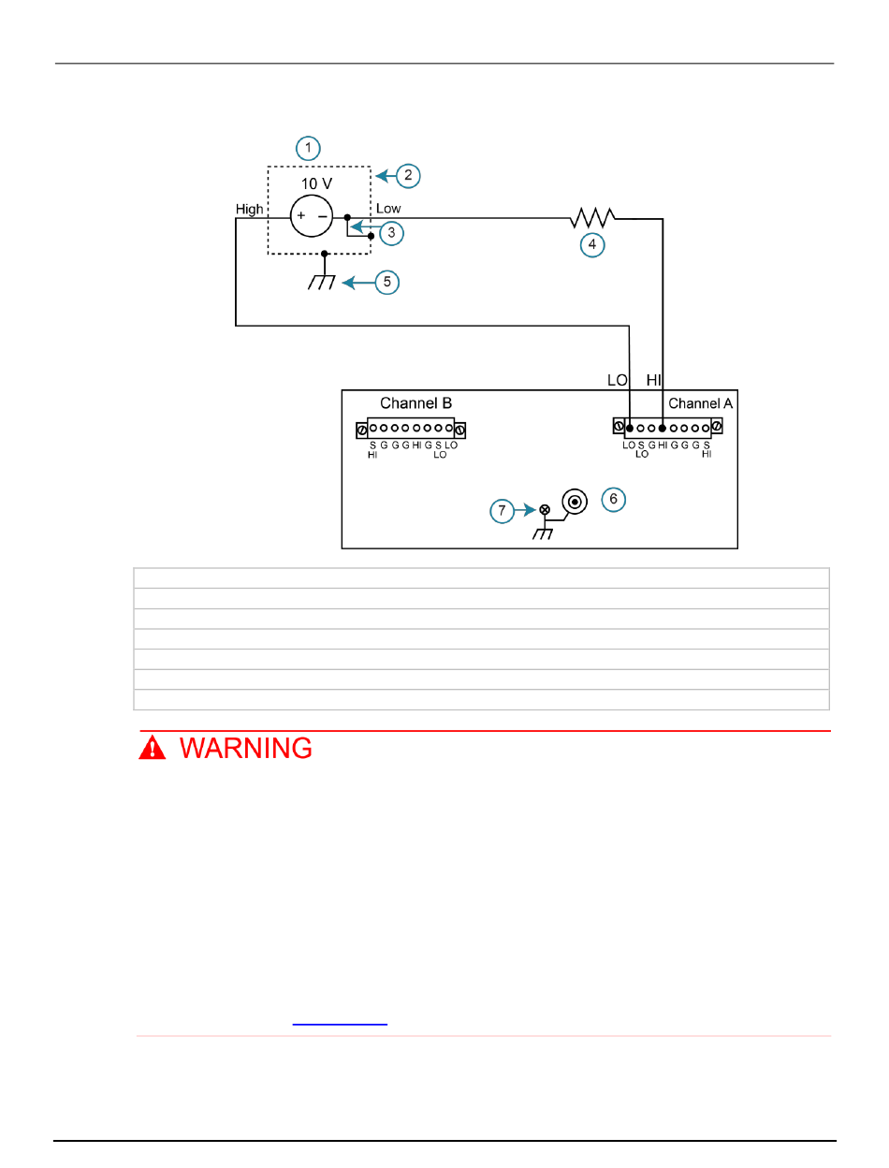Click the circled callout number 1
[308, 148]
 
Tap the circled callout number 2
[408, 175]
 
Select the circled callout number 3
[390, 232]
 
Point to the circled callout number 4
[591, 246]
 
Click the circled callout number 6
[613, 500]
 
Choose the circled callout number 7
[503, 510]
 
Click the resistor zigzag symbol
[591, 218]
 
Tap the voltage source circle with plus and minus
[311, 216]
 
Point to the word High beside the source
[250, 210]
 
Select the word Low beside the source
[388, 209]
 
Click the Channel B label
[415, 403]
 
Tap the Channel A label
[701, 404]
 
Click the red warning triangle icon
[153, 748]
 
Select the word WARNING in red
[246, 749]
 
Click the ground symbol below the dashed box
[322, 279]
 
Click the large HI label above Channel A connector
[654, 380]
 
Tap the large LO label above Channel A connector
[618, 380]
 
